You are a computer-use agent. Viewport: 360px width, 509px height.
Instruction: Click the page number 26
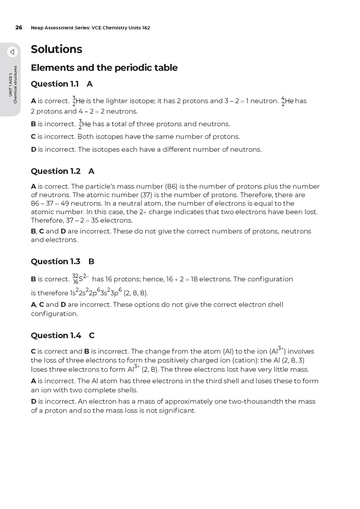[19, 28]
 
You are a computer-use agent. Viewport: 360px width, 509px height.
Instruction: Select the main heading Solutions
[56, 49]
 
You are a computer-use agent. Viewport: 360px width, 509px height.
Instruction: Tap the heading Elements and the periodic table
[104, 68]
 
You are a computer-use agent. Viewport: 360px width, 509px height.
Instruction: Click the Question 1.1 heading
[55, 84]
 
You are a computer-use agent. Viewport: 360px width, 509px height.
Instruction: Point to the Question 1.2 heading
[55, 171]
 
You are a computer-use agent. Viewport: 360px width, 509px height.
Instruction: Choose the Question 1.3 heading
[55, 261]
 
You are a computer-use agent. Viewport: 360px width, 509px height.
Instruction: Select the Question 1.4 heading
[56, 335]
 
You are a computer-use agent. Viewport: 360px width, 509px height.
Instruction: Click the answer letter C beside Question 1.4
[92, 335]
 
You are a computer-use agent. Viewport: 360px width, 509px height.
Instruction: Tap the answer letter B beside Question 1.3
[91, 261]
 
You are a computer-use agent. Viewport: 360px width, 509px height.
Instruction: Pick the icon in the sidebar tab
[12, 52]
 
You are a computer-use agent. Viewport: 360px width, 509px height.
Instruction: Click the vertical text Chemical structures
[15, 85]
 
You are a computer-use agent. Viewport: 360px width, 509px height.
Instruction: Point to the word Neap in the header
[37, 28]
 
